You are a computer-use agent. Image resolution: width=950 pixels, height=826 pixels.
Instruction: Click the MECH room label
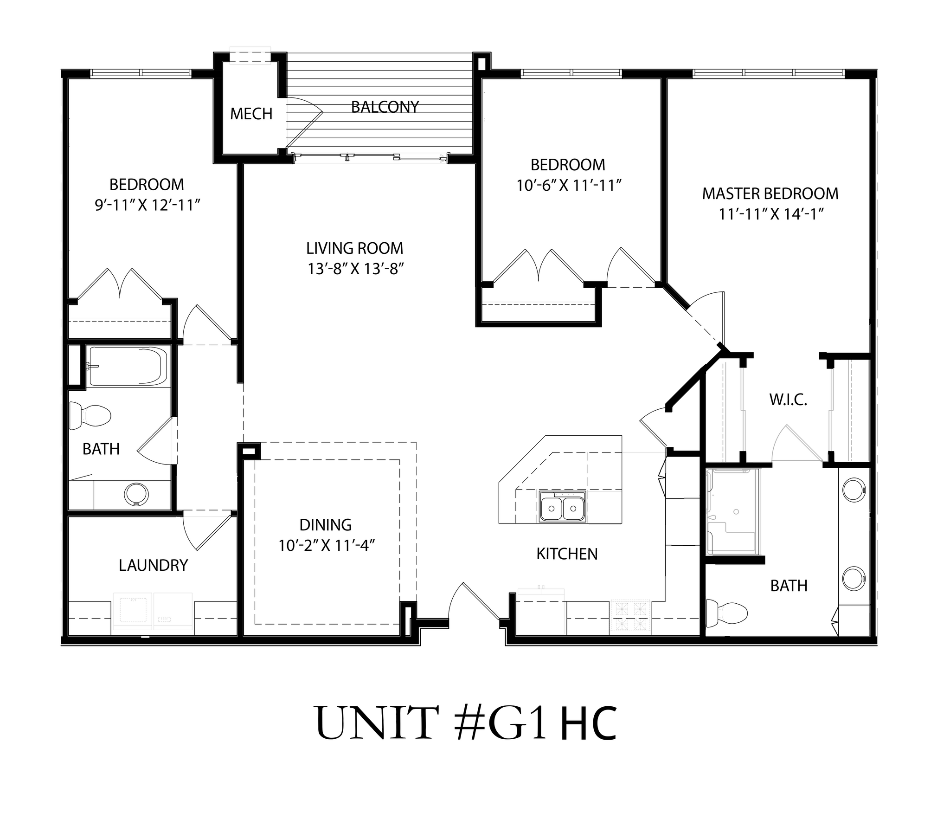point(251,114)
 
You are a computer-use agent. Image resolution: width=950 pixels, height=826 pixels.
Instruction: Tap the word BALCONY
point(385,107)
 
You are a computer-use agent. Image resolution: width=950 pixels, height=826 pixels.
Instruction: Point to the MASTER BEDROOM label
point(770,194)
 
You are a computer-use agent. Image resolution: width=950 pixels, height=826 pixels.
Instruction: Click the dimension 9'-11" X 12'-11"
point(148,205)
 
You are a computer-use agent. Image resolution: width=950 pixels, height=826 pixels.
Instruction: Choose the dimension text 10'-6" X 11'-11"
point(569,186)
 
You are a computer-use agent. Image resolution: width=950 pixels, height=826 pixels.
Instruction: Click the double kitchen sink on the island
point(562,508)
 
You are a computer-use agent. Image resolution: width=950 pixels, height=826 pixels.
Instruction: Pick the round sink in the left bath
point(136,495)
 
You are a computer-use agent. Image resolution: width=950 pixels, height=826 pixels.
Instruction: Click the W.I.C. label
point(788,400)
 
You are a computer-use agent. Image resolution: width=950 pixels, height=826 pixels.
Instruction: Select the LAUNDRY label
point(153,565)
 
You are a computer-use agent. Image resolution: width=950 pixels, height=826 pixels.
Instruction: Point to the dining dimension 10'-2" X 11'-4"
point(326,545)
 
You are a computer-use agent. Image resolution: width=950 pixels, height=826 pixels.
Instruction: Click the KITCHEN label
point(567,554)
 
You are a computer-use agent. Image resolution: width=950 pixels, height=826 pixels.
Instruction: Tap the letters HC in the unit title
point(588,723)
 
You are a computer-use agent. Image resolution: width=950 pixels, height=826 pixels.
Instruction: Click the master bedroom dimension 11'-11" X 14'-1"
point(771,214)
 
